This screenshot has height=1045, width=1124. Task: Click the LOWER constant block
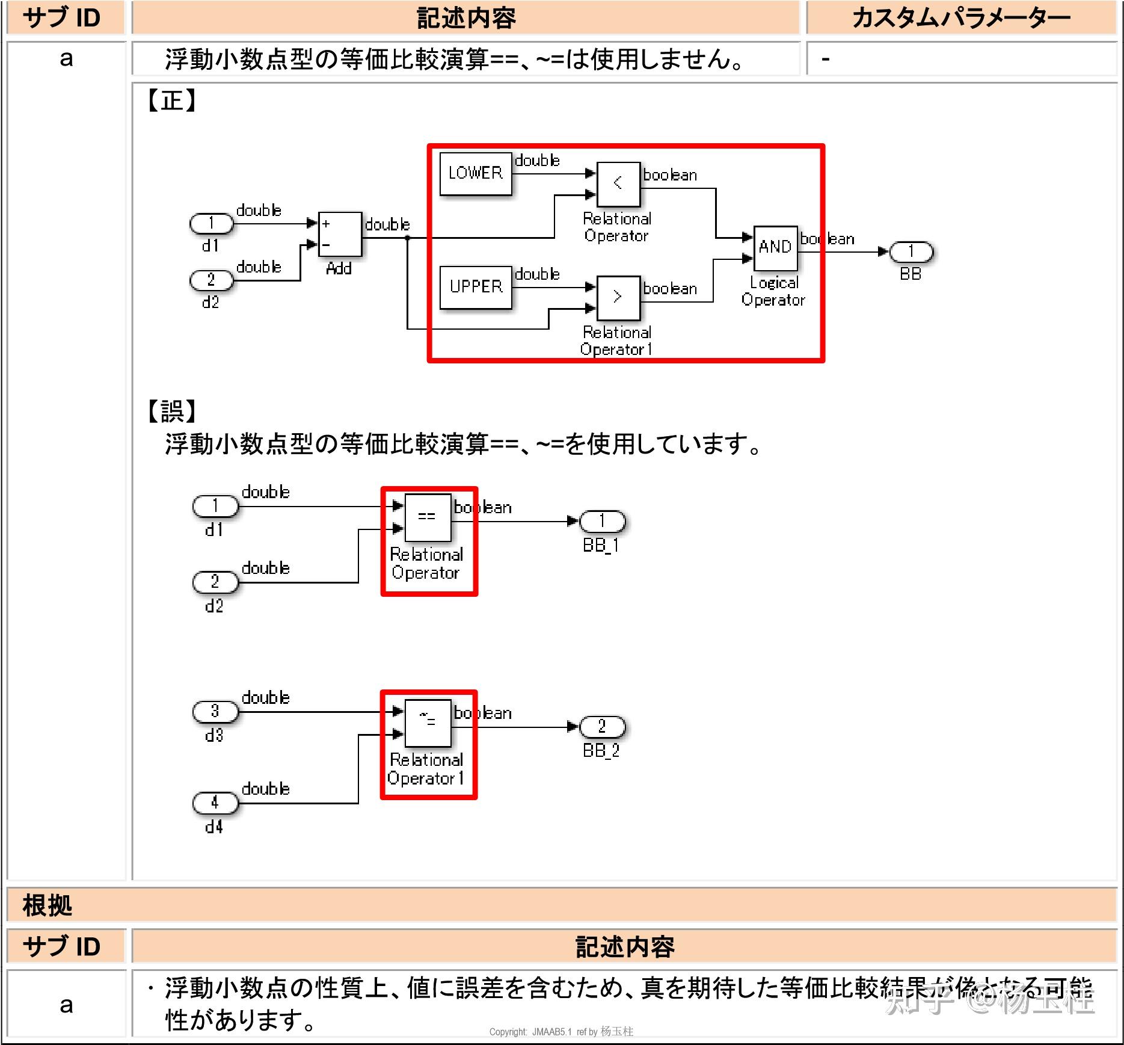coord(475,174)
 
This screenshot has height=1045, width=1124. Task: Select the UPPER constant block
coord(475,287)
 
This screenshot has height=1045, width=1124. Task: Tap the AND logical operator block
coord(775,247)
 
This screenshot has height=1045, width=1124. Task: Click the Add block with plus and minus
coord(340,234)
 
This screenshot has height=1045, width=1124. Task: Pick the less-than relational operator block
coord(618,183)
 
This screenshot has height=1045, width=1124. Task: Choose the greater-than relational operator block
coord(618,297)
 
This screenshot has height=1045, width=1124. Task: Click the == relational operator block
coord(427,517)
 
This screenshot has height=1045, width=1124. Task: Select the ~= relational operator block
coord(427,722)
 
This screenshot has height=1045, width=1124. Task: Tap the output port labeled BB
coord(911,252)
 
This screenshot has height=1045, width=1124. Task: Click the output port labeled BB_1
coord(602,522)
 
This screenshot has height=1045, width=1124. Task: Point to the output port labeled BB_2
coord(602,727)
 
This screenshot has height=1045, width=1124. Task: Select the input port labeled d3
coord(215,712)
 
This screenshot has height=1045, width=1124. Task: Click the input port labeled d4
coord(215,803)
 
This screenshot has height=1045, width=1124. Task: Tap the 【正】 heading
coord(171,100)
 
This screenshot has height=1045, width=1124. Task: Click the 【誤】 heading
coord(171,412)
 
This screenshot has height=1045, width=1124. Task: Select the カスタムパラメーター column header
coord(960,18)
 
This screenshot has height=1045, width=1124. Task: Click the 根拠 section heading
coord(47,905)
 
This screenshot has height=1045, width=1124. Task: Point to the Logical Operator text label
coord(773,292)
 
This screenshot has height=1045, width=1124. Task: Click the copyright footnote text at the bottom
coord(560,1032)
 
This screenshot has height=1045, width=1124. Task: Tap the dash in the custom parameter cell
coord(826,59)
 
